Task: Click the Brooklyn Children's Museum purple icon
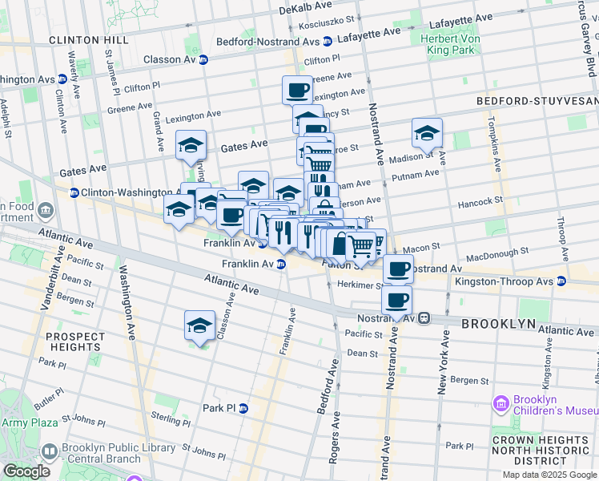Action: click(502, 402)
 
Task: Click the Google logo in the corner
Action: click(26, 471)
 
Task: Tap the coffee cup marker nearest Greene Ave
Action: click(297, 90)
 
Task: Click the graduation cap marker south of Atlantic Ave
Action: click(199, 325)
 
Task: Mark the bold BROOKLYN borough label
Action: click(497, 323)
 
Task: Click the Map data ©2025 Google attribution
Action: click(549, 475)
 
